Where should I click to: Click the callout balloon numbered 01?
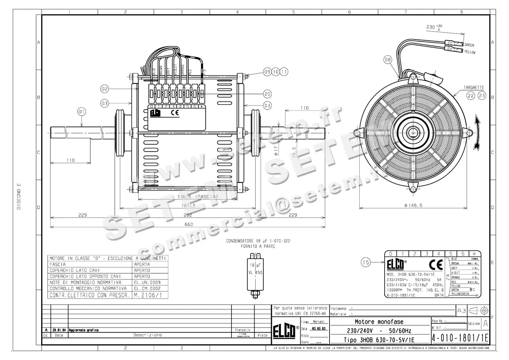81,111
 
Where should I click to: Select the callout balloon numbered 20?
267,94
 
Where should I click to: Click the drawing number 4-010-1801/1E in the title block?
460,338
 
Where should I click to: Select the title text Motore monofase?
379,322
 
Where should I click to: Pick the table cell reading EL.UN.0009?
146,282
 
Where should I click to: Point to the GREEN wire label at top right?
469,45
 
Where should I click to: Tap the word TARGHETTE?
474,87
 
